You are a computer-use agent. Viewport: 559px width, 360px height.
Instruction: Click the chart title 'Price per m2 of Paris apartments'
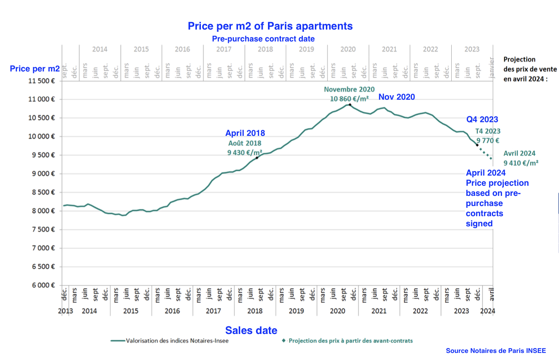pyautogui.click(x=270, y=26)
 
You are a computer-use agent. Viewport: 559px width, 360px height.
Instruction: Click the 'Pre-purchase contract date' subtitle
pyautogui.click(x=263, y=39)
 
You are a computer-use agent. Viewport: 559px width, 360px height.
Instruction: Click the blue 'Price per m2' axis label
pyautogui.click(x=35, y=68)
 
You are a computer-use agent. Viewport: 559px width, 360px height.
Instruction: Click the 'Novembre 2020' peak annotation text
pyautogui.click(x=349, y=89)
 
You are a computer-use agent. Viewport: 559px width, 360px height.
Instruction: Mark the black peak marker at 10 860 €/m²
pyautogui.click(x=350, y=105)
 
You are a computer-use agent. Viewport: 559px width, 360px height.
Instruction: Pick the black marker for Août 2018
pyautogui.click(x=257, y=157)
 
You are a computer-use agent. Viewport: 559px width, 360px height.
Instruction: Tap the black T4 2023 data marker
pyautogui.click(x=477, y=145)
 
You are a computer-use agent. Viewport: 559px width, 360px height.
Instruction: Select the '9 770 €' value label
pyautogui.click(x=487, y=141)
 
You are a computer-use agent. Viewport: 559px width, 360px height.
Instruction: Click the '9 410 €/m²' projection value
pyautogui.click(x=521, y=163)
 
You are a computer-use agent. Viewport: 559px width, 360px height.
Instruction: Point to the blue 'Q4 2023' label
pyautogui.click(x=482, y=119)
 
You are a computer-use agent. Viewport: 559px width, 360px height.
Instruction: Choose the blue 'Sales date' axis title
pyautogui.click(x=251, y=330)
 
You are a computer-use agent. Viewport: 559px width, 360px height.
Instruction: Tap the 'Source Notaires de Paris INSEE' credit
pyautogui.click(x=495, y=351)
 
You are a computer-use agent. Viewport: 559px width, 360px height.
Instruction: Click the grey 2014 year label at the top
pyautogui.click(x=100, y=49)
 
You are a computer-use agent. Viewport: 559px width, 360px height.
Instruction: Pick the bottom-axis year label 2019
pyautogui.click(x=296, y=311)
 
